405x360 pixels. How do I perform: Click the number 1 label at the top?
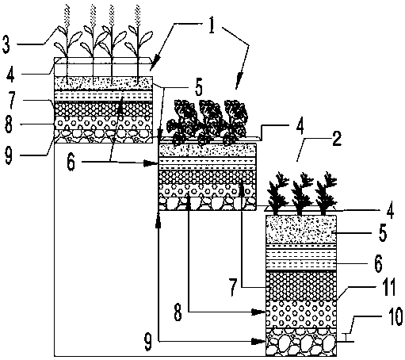(211, 26)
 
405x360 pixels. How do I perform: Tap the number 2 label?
(337, 139)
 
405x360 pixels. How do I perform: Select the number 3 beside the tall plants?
(6, 44)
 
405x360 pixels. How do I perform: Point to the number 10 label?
(395, 316)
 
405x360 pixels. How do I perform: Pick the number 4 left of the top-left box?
(11, 75)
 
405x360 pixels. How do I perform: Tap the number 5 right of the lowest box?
(382, 233)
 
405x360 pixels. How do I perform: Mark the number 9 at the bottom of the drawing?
(148, 342)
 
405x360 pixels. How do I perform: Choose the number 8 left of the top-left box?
(9, 124)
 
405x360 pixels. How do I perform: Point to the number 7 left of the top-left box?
(11, 101)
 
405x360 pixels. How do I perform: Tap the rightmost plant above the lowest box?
(326, 193)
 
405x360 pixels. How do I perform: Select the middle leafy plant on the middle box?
(208, 121)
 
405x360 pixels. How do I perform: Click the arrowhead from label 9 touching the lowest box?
(258, 342)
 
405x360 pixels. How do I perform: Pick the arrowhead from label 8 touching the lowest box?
(258, 312)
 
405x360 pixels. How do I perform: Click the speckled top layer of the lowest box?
(301, 229)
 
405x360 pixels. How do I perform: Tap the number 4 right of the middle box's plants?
(300, 128)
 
